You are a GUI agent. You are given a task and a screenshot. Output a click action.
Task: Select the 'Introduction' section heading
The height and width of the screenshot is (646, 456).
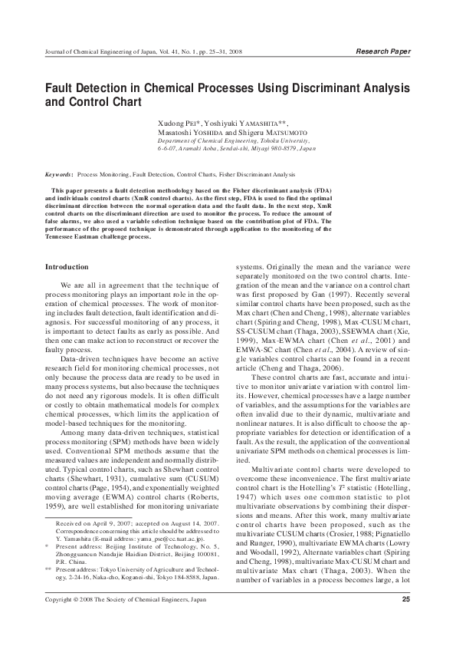tap(68, 266)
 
